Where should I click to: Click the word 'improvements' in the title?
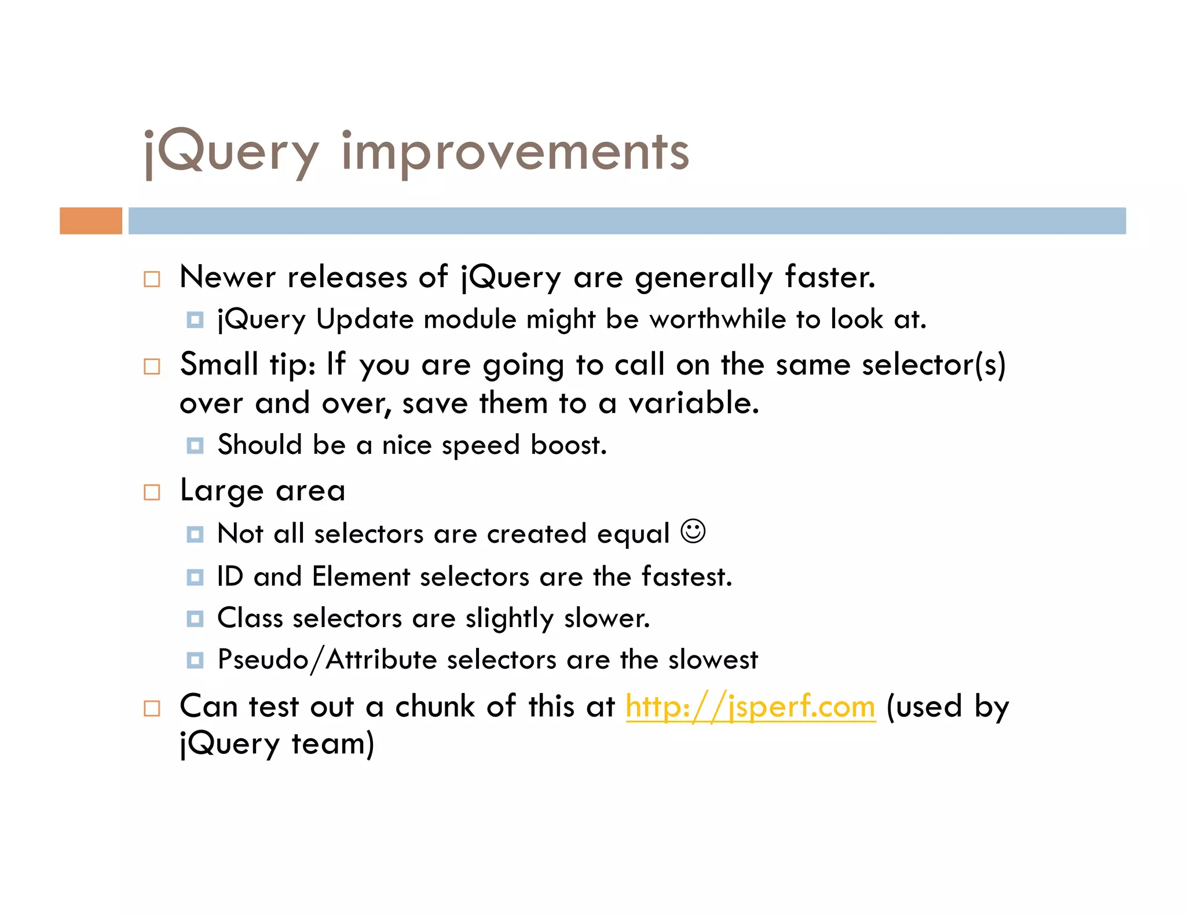click(x=515, y=152)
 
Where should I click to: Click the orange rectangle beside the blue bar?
click(x=91, y=221)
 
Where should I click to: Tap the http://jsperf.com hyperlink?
click(x=751, y=707)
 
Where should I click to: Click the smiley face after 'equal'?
click(x=693, y=531)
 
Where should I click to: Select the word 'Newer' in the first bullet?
click(x=228, y=277)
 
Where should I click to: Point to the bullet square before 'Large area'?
click(x=152, y=492)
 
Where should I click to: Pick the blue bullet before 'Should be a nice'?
click(x=195, y=445)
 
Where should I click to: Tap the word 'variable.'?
click(x=694, y=403)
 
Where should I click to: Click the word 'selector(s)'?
click(x=934, y=365)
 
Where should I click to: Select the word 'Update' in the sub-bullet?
click(x=364, y=320)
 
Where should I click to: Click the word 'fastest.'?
click(x=687, y=577)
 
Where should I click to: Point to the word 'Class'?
click(x=250, y=618)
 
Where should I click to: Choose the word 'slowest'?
click(x=713, y=659)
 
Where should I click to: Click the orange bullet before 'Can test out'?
click(x=152, y=708)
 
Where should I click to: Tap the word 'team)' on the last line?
click(x=333, y=744)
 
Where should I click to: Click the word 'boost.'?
click(x=569, y=445)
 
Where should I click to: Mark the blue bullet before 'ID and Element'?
click(x=195, y=577)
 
